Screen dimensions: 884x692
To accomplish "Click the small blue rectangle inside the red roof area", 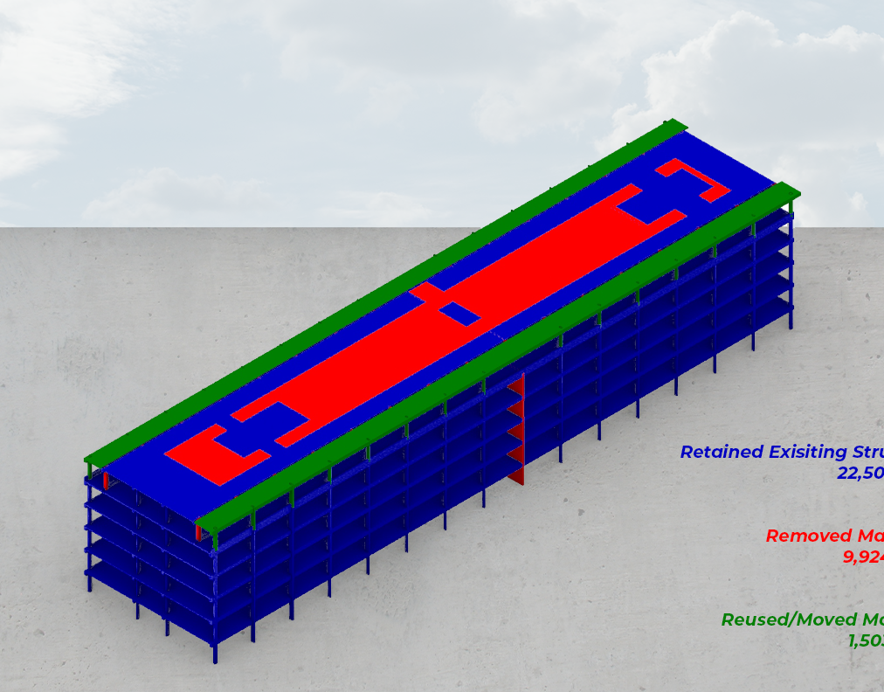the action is coord(459,314).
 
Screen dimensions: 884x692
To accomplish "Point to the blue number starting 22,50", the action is coord(860,474).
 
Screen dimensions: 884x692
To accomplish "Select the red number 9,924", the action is coord(863,557).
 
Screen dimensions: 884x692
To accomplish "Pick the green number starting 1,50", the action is coord(865,640).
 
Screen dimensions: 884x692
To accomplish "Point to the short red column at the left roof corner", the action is coord(106,481).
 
